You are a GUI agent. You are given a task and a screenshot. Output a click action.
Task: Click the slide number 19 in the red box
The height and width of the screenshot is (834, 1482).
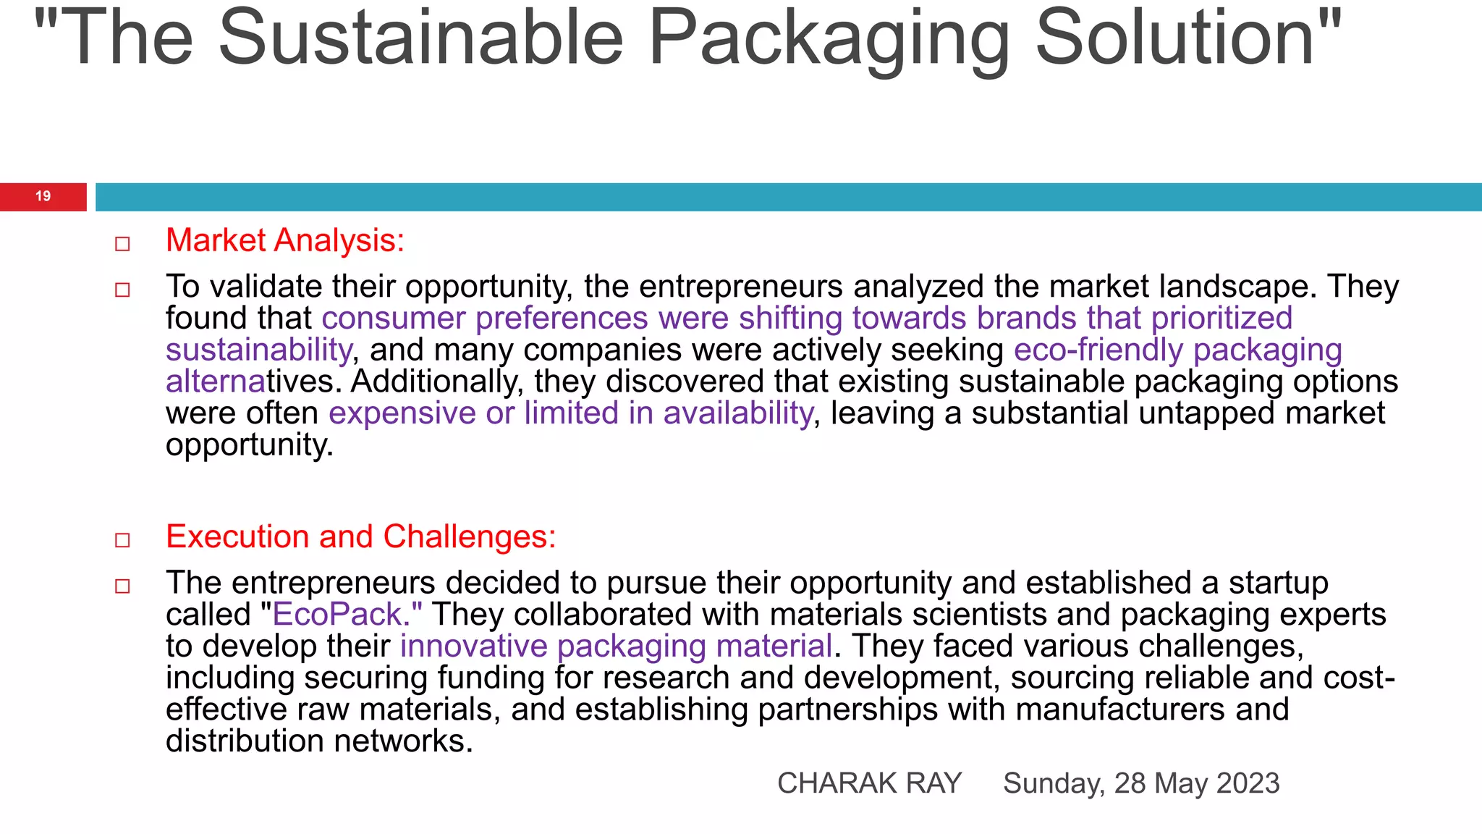(x=43, y=196)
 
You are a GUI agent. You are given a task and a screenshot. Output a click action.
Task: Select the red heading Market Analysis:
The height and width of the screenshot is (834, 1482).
(x=285, y=240)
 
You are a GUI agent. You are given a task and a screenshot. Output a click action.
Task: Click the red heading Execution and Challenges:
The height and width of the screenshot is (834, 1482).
(x=360, y=536)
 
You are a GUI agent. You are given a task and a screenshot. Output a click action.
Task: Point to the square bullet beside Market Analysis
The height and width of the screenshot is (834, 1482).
(x=122, y=244)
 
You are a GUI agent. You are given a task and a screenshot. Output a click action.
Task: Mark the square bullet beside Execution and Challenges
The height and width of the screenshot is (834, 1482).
(x=122, y=540)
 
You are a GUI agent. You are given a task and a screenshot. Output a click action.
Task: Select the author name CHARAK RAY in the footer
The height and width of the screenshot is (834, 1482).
(x=869, y=783)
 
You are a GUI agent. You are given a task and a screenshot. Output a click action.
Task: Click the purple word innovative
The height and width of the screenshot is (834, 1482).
(x=473, y=646)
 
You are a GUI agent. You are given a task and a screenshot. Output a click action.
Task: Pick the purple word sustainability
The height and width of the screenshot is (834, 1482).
(x=258, y=350)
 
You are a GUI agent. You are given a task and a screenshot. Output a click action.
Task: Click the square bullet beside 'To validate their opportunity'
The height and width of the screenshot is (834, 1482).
(x=122, y=290)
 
